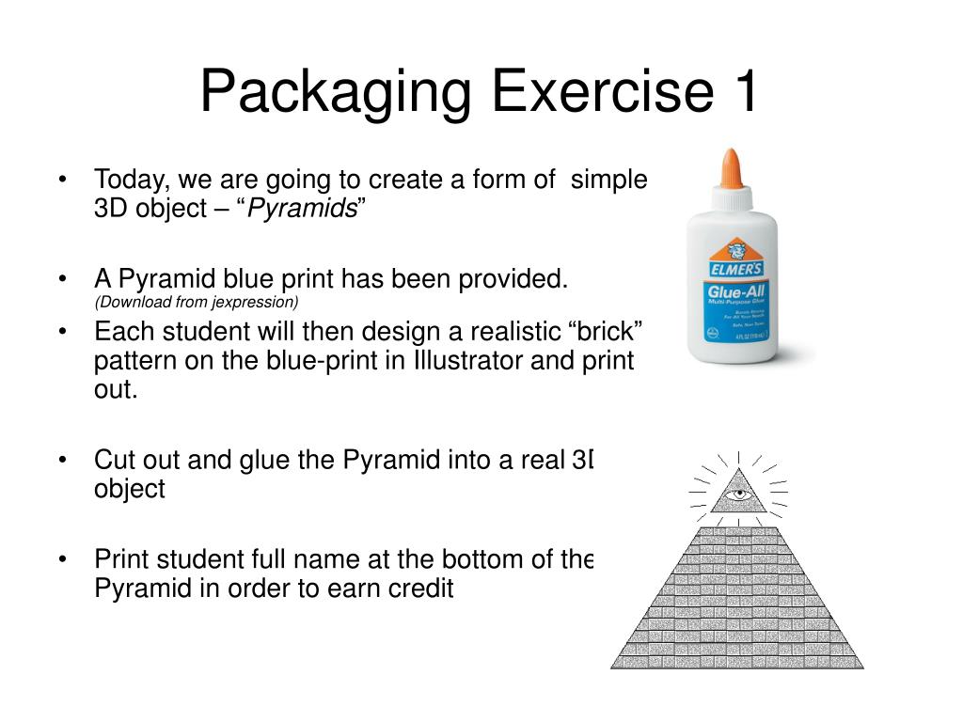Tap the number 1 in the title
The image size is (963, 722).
click(739, 91)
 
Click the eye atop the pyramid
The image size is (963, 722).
click(738, 494)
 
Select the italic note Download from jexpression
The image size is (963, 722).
click(196, 302)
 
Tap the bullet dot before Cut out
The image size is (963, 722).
click(62, 460)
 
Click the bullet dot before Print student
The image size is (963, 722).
click(62, 559)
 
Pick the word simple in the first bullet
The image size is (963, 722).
click(609, 180)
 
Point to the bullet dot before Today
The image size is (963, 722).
click(62, 180)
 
